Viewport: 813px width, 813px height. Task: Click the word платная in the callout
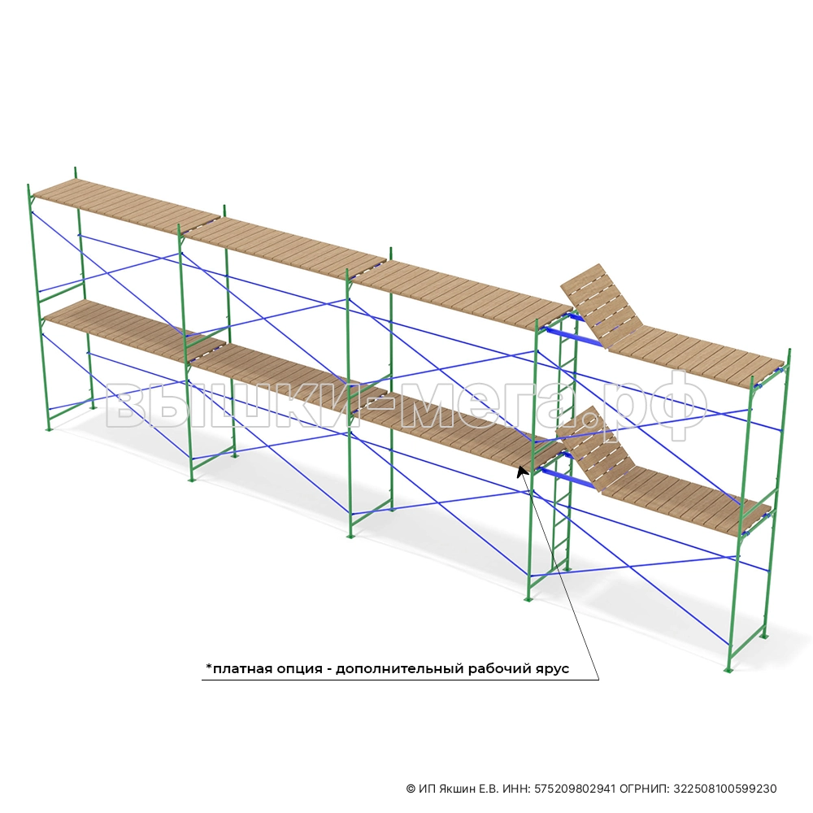[241, 669]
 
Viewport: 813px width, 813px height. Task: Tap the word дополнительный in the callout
[400, 669]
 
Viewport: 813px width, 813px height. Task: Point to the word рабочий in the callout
[499, 669]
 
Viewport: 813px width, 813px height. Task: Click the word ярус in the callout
[552, 670]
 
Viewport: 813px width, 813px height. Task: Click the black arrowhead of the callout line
[522, 472]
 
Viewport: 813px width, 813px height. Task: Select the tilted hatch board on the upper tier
[602, 305]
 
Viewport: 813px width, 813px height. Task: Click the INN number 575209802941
[575, 789]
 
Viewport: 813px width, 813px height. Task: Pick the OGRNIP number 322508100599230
[725, 789]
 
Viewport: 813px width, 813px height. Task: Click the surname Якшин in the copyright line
[457, 789]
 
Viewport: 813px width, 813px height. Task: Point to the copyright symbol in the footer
[411, 789]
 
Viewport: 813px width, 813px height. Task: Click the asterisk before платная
[209, 667]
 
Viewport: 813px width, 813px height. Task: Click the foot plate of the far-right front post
[728, 672]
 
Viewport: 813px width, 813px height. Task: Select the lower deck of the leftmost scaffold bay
[135, 328]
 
